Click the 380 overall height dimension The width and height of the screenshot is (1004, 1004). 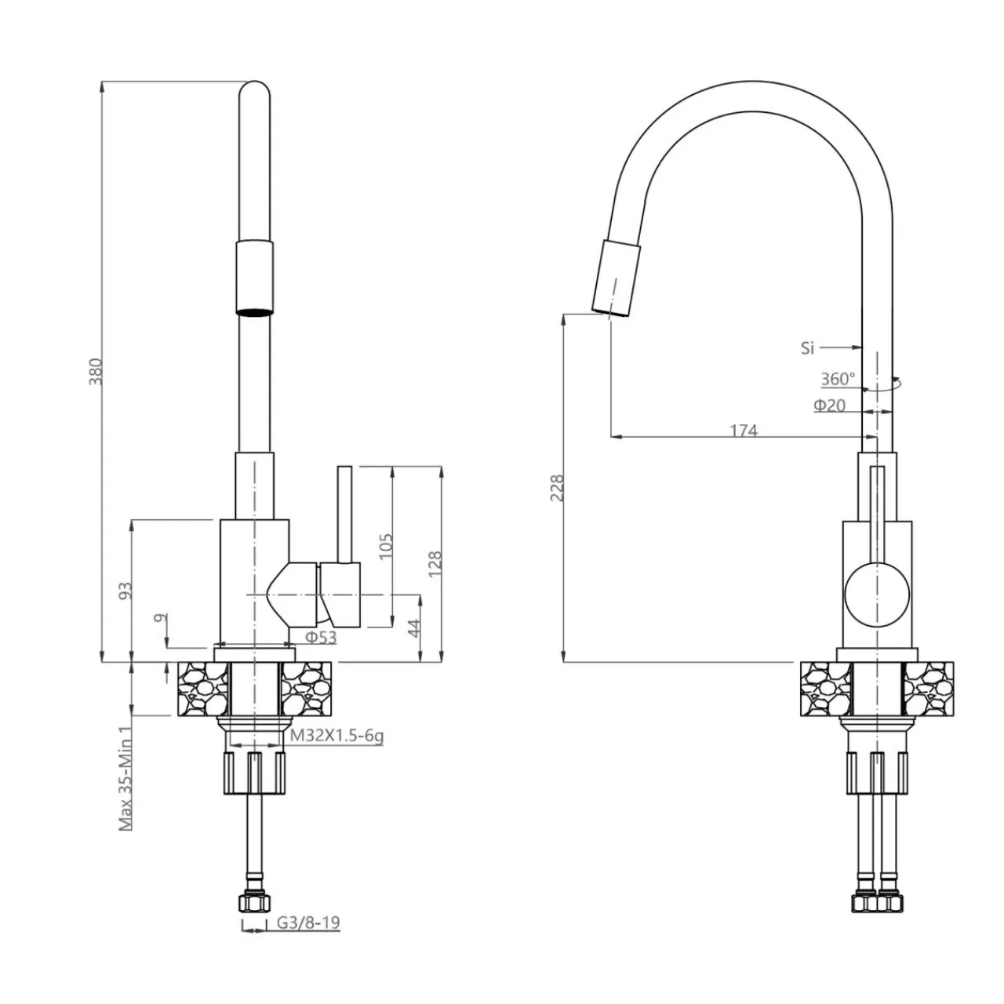tap(96, 372)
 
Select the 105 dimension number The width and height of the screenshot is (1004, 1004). tap(385, 546)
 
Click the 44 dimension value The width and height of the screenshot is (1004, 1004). tap(415, 627)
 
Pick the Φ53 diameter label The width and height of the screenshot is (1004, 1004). tap(321, 638)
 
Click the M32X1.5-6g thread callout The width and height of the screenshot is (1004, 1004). tap(336, 736)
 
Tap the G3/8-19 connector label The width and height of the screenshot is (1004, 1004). tap(308, 922)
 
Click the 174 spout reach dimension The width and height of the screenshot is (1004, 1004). tap(744, 430)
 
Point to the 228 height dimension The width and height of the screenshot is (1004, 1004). tap(556, 487)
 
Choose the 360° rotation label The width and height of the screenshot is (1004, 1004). tap(838, 379)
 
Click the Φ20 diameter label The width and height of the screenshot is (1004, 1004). tap(829, 406)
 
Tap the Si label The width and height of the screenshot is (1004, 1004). tap(808, 348)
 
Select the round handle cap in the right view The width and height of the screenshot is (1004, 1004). tap(877, 594)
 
